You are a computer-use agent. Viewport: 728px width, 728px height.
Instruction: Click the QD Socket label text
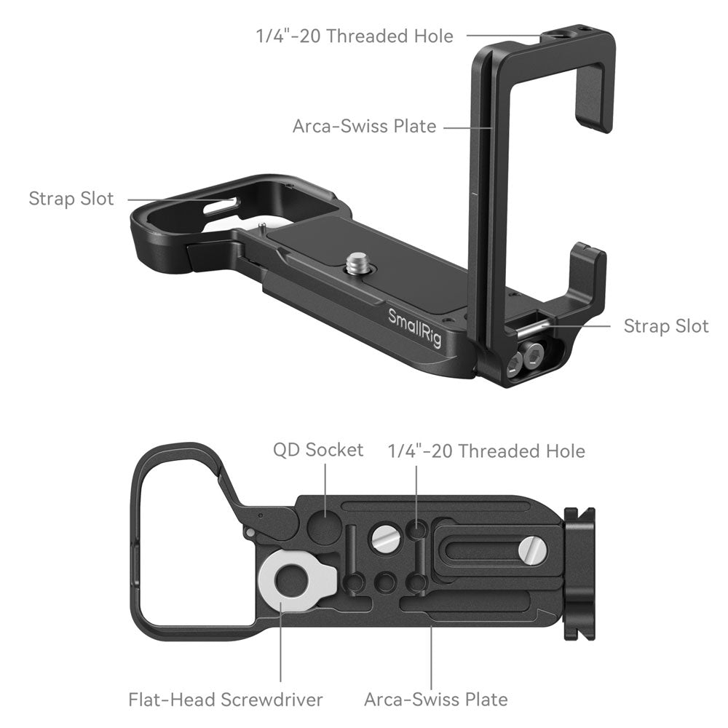(317, 450)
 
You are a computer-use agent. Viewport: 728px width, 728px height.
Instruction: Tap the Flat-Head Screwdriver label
(225, 700)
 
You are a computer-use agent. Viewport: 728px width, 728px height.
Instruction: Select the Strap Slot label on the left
(71, 199)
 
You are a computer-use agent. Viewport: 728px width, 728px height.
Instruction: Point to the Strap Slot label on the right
(665, 325)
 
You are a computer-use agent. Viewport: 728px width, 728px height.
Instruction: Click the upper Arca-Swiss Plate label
(364, 126)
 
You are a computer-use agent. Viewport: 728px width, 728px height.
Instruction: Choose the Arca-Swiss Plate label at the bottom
(435, 700)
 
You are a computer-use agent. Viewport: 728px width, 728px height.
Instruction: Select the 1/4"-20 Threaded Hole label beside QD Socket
(486, 451)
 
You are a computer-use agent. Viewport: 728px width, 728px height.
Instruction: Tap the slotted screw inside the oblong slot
(534, 551)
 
